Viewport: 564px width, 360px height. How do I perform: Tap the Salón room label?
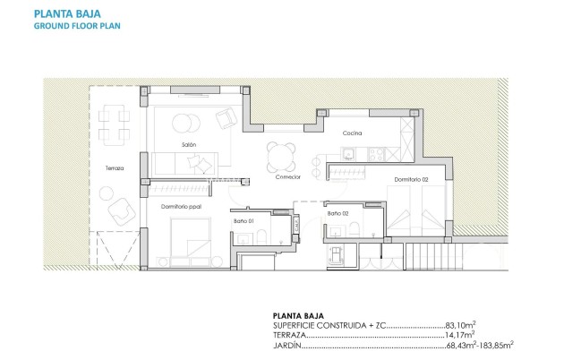coord(187,144)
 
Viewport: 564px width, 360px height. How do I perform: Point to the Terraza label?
coord(114,167)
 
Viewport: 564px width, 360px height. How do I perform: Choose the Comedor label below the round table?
coord(287,177)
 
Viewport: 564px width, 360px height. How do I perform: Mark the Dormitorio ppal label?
coord(181,207)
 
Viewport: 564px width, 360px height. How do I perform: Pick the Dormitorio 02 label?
coord(411,181)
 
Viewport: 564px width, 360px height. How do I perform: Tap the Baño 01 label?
coord(244,220)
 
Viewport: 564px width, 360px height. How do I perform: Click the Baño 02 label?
coord(337,213)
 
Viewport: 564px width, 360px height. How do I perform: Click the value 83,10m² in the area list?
coord(461,325)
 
